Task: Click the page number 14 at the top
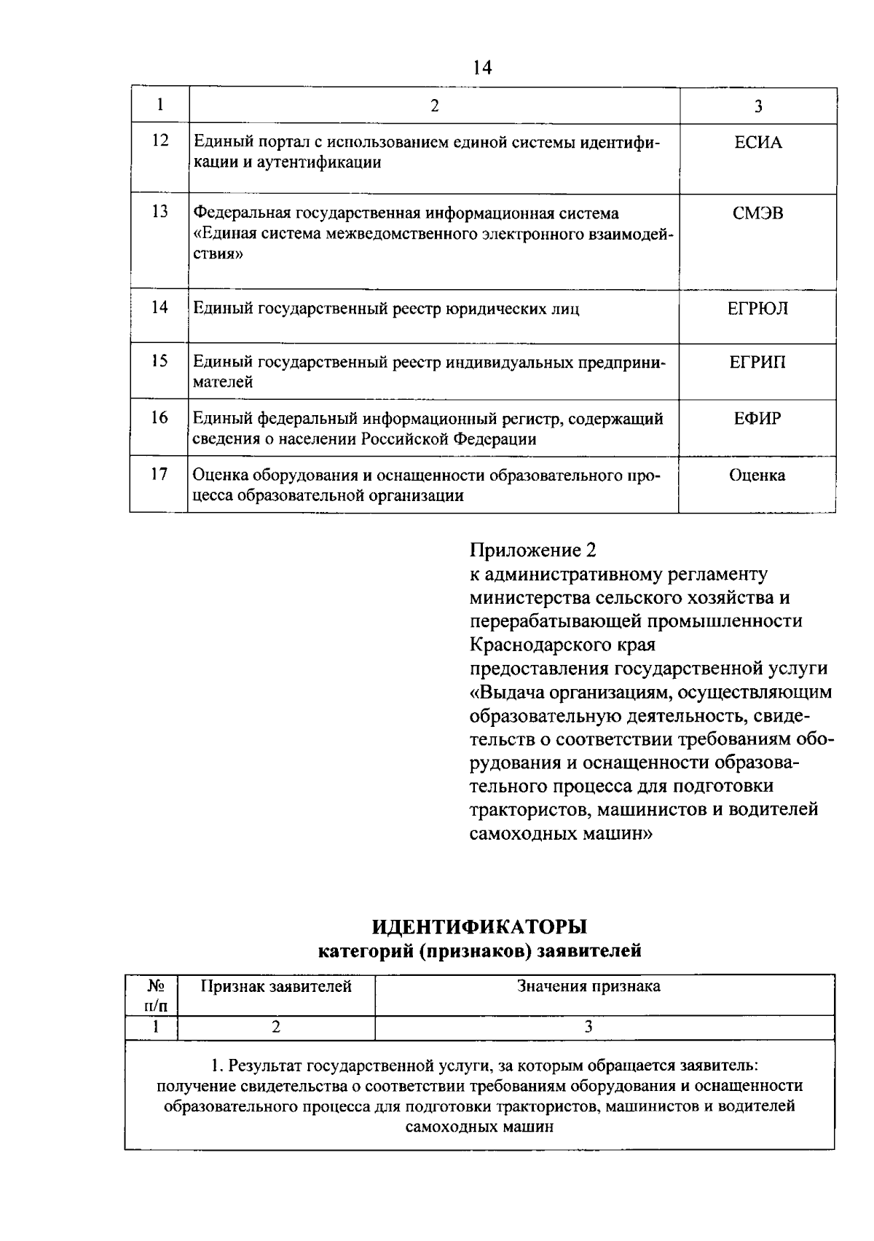pos(482,68)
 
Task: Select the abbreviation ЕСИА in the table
pos(757,143)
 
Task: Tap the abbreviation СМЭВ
pos(757,214)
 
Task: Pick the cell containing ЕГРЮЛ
pos(757,309)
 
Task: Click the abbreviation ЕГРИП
pos(757,363)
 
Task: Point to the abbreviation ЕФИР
pos(757,419)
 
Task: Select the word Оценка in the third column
pos(757,476)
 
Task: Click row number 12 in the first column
pos(160,140)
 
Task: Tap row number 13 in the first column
pos(160,212)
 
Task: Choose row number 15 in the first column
pos(160,361)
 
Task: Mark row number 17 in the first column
pos(160,475)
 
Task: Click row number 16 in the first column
pos(160,417)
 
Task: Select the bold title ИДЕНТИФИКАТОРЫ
pos(479,927)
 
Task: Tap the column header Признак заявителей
pos(276,987)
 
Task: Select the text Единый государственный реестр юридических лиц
pos(386,310)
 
